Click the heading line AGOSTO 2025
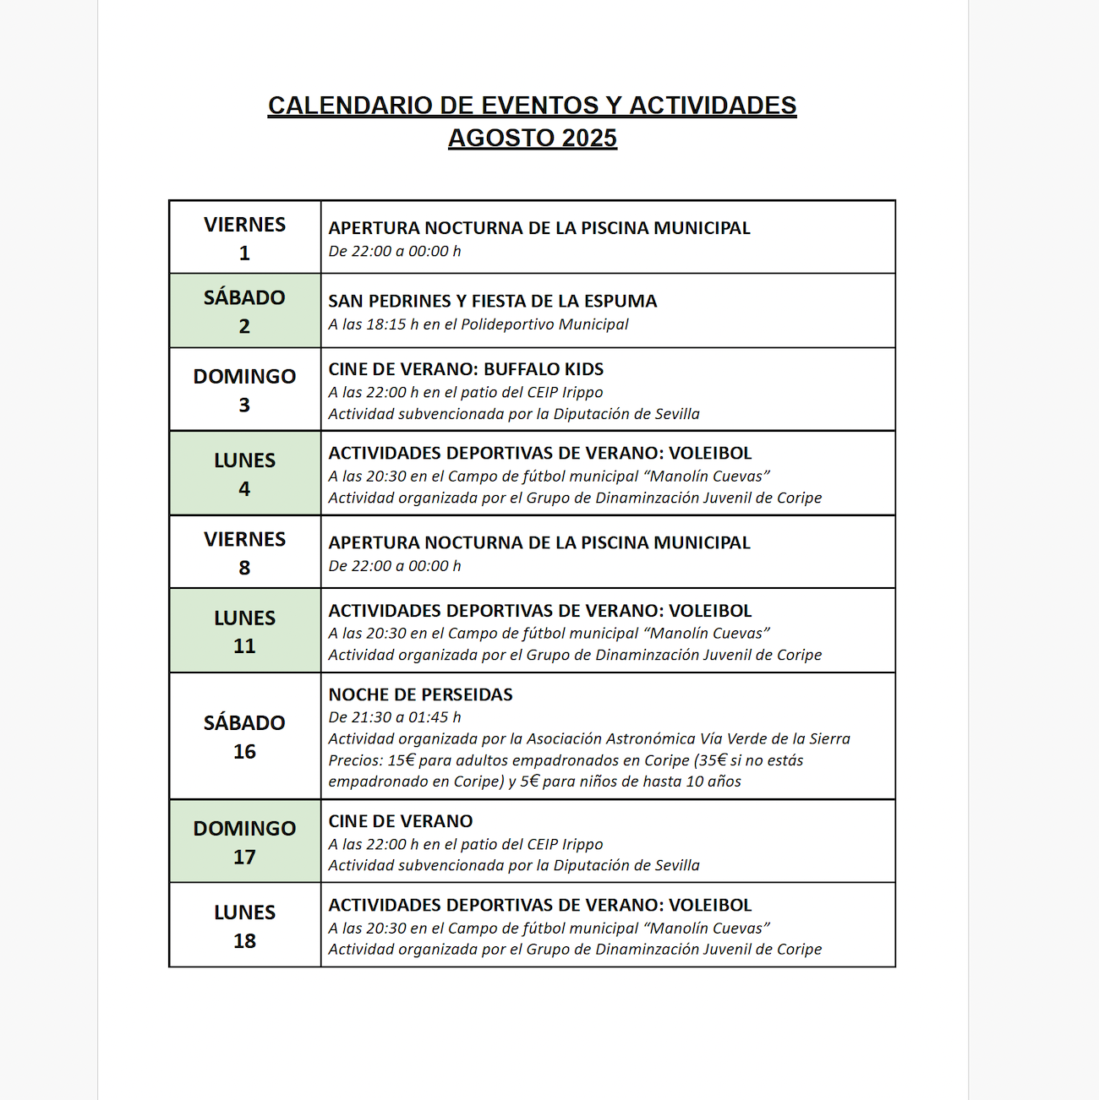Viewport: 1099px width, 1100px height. tap(533, 138)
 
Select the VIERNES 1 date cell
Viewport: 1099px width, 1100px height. tap(244, 237)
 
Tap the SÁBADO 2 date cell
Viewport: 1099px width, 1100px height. tap(244, 311)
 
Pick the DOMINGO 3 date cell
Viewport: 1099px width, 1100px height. tap(244, 389)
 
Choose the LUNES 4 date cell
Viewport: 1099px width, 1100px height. tap(244, 473)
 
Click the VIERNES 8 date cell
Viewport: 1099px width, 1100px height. tap(244, 553)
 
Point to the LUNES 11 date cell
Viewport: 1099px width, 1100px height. tap(244, 631)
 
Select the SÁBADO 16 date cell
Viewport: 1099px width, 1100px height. tap(244, 737)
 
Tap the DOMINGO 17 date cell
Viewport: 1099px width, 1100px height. tap(244, 841)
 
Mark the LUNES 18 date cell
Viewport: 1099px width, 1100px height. tap(244, 925)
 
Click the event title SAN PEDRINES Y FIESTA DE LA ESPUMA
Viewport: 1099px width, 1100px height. tap(492, 302)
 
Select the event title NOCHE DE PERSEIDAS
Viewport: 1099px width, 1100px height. tap(420, 694)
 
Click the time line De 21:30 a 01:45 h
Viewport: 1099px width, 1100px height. tap(395, 717)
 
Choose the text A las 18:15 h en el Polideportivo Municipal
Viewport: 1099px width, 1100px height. tap(478, 324)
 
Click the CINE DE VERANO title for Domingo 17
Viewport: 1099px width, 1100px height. tap(401, 821)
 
